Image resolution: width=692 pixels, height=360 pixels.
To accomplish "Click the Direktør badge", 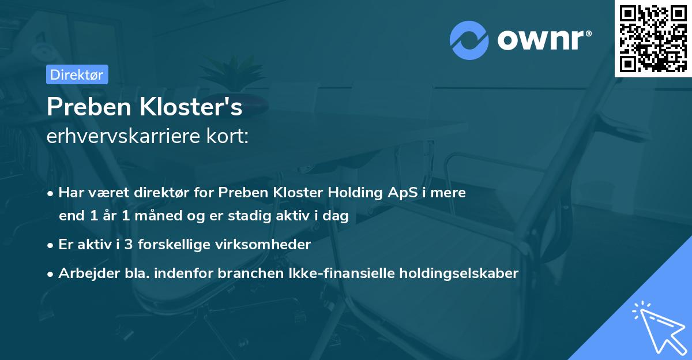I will click(x=77, y=74).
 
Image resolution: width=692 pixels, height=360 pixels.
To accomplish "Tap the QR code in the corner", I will click(x=653, y=38).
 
